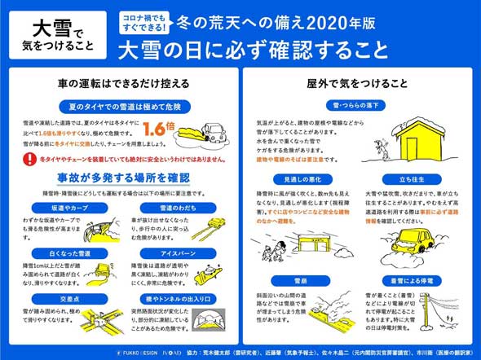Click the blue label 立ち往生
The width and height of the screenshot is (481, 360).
tap(405, 178)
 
